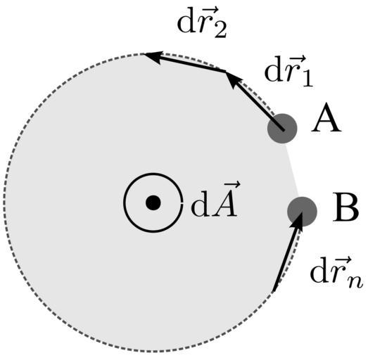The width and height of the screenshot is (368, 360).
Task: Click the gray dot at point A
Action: tap(282, 128)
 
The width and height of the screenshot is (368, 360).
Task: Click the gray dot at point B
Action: tap(303, 212)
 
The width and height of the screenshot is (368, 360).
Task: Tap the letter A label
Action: tap(326, 121)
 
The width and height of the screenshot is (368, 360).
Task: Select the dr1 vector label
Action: tap(289, 72)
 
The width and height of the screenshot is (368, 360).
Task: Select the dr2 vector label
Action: tap(202, 23)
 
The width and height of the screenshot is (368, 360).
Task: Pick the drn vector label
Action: tap(336, 274)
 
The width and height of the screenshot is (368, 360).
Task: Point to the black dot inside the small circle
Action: tap(153, 202)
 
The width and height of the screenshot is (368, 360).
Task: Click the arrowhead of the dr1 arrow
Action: tap(232, 79)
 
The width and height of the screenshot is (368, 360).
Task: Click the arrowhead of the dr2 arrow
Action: tap(153, 57)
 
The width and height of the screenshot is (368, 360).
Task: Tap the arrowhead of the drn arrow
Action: tap(297, 220)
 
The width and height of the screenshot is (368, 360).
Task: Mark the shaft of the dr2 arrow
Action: tap(192, 64)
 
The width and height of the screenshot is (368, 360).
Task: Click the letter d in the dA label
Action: tap(200, 205)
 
